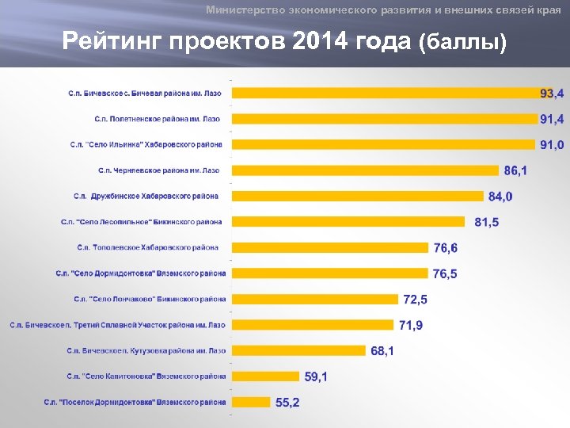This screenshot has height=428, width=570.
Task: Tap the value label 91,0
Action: coord(552,145)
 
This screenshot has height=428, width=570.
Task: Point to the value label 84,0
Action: coord(500,197)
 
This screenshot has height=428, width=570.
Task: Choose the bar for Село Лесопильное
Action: coord(348,222)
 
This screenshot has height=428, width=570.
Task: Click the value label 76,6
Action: coord(445,248)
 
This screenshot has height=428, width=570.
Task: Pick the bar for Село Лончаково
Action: coord(314,299)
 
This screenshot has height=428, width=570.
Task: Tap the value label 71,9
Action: coord(410,325)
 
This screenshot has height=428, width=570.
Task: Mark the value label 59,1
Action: coord(315,376)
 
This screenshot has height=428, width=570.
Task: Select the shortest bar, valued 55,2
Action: coord(249,402)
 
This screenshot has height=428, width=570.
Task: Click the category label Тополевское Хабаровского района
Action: coord(147,248)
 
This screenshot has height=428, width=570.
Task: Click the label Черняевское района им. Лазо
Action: coord(159,170)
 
